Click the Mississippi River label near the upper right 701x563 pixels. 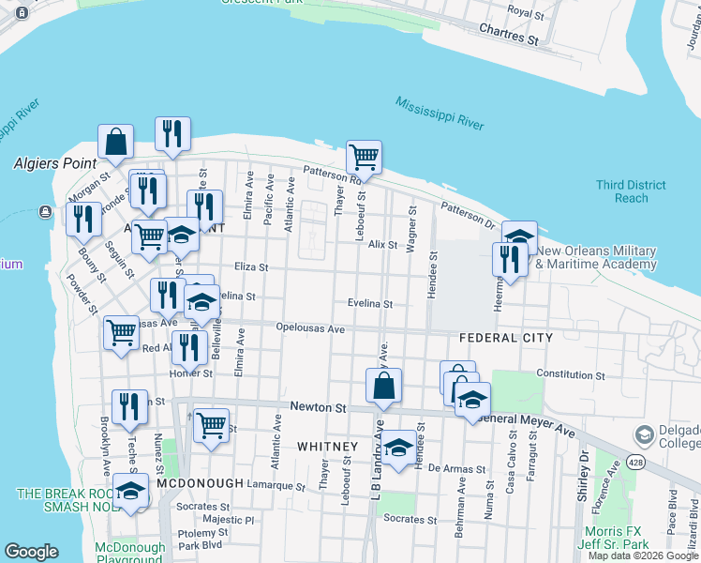click(439, 113)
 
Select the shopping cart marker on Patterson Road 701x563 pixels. click(364, 158)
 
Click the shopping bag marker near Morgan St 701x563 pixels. click(115, 142)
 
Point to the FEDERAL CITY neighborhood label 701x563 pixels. click(506, 338)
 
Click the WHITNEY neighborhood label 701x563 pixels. click(327, 447)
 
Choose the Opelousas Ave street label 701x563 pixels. click(311, 329)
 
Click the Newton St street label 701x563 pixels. click(319, 407)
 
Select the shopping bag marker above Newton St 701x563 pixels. click(383, 385)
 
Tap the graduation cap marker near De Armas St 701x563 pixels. click(398, 448)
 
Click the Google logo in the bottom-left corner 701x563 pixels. click(31, 552)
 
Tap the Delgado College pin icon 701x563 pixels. click(644, 434)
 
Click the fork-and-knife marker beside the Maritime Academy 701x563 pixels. click(510, 260)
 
